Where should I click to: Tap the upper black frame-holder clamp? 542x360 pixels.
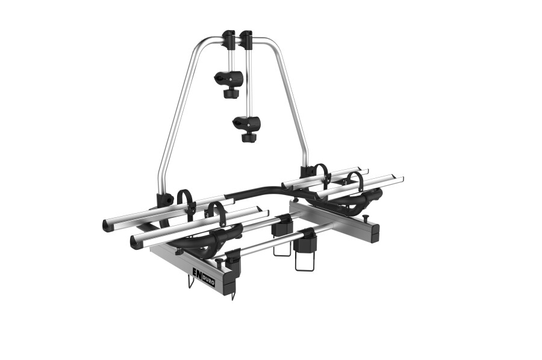coord(229,78)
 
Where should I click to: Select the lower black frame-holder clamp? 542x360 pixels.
coord(246,123)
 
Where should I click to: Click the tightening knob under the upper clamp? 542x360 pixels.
coord(229,94)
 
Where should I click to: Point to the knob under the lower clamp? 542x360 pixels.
coord(248,138)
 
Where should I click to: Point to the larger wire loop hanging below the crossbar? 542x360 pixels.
coord(305,260)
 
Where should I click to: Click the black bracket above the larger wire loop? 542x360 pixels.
coord(307,242)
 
